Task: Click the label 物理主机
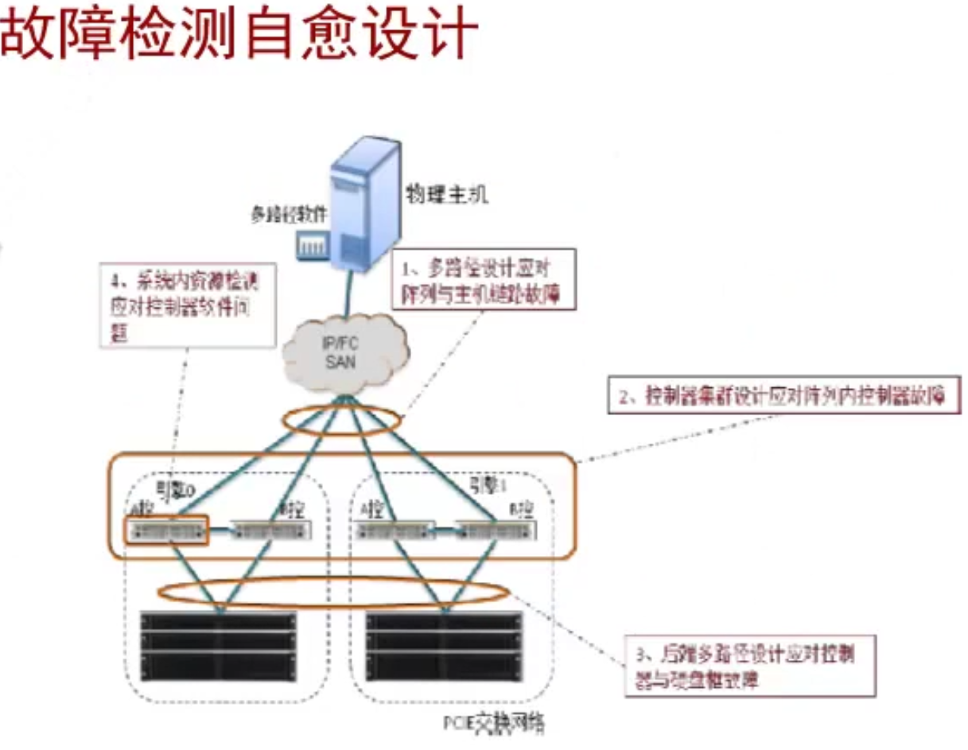tap(444, 193)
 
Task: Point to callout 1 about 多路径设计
tap(484, 280)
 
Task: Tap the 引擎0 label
tap(176, 488)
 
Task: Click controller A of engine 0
tap(167, 530)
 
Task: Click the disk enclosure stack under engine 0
tap(218, 645)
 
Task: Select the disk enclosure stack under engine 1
tap(443, 645)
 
